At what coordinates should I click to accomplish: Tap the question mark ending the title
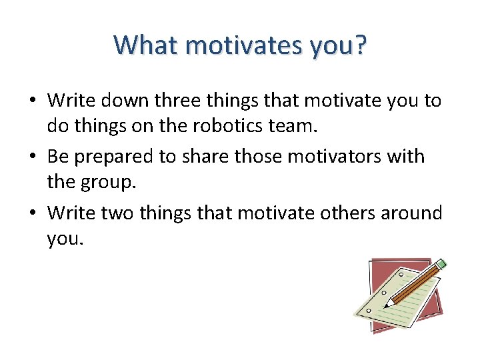tap(360, 45)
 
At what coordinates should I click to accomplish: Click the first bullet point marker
tap(32, 101)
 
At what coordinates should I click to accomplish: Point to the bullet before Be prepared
tap(32, 157)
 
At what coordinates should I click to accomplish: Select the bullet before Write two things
tap(32, 213)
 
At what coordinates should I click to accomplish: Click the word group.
tap(108, 181)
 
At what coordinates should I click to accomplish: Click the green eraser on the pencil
tap(441, 265)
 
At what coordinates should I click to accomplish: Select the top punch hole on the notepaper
tap(400, 274)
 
